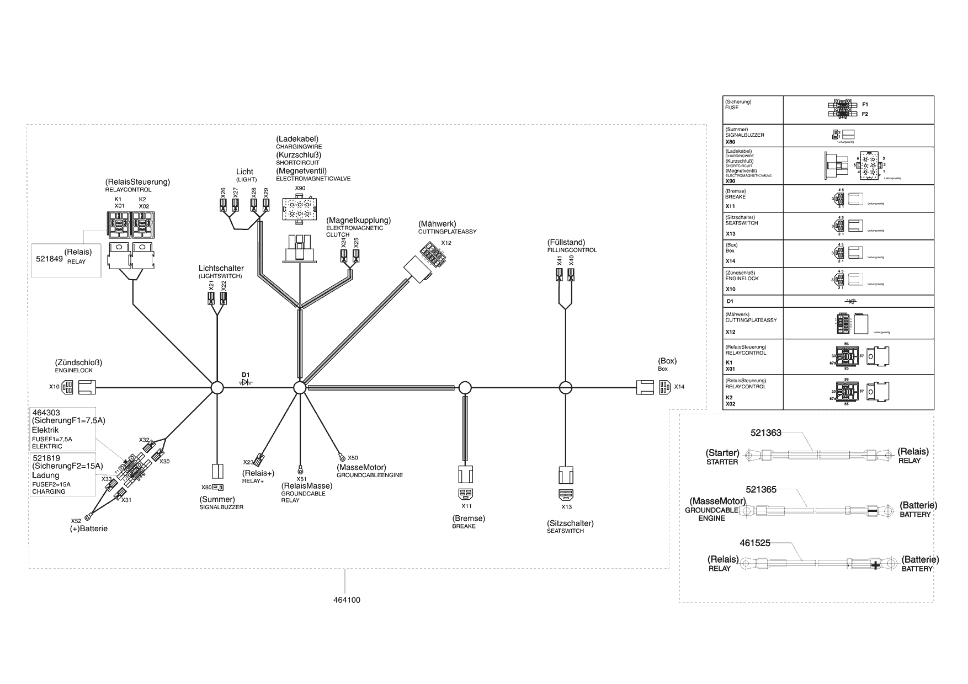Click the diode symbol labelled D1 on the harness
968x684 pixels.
click(246, 382)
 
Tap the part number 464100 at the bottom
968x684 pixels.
click(347, 600)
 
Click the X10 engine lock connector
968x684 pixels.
click(67, 387)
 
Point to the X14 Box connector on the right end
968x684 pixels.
click(666, 387)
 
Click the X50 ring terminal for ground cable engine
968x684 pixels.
click(342, 457)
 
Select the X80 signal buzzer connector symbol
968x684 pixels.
click(218, 488)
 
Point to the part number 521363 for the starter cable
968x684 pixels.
click(765, 433)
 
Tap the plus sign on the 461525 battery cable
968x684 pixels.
click(875, 565)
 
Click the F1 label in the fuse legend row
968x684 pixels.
click(865, 104)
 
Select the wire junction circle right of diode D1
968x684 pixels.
click(299, 388)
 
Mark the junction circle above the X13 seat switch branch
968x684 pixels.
click(565, 388)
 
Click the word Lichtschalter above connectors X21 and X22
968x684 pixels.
click(221, 269)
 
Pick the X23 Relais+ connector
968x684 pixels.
click(261, 458)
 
